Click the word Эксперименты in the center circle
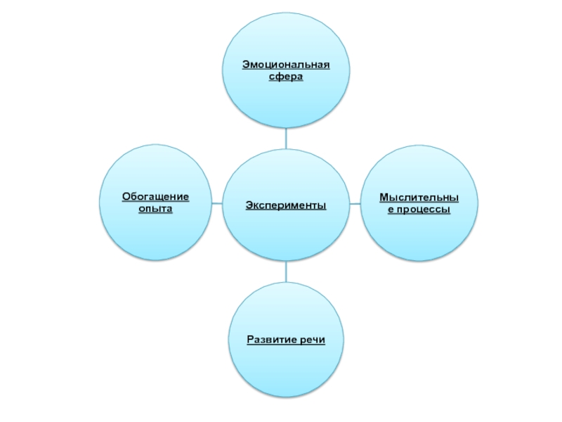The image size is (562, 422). point(286,205)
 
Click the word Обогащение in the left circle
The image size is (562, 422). point(155,198)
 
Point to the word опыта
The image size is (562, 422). point(155,210)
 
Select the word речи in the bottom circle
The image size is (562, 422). point(312,340)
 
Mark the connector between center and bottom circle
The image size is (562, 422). point(286,271)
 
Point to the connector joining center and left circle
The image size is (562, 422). point(217,205)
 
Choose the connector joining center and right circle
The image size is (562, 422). point(355,205)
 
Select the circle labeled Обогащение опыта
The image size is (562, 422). point(155,232)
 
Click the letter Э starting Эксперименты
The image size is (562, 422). point(249,205)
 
